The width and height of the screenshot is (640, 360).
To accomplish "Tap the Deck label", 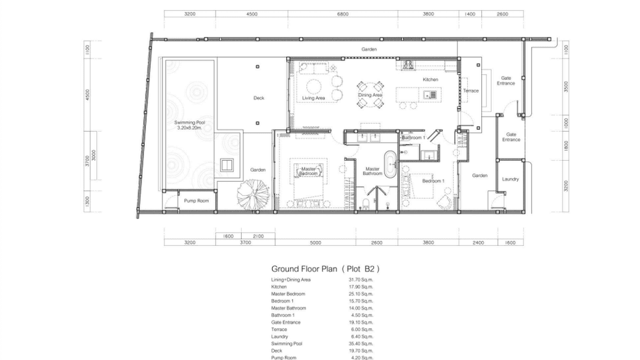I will click(258, 98).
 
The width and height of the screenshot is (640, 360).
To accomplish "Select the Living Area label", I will click(313, 98).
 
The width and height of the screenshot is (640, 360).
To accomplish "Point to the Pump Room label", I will click(196, 201).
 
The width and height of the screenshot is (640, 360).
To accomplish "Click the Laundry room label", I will click(510, 179).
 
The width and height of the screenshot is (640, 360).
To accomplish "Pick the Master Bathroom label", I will click(372, 171).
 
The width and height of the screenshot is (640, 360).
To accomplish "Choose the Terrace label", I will click(471, 91).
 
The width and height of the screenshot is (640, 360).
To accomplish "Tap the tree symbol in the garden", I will click(253, 194).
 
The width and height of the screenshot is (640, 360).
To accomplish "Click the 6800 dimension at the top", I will click(342, 14).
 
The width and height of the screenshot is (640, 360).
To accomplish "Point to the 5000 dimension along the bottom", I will click(315, 243).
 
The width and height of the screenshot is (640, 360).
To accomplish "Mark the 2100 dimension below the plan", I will click(258, 236).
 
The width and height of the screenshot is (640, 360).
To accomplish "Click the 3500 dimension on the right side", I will click(566, 87).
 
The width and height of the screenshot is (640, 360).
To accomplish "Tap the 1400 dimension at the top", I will click(470, 14).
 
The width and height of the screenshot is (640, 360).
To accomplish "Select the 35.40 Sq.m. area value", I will click(361, 343).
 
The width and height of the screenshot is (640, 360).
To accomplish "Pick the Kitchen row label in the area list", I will click(279, 286).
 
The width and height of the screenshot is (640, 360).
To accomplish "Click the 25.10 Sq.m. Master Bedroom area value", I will click(361, 294).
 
